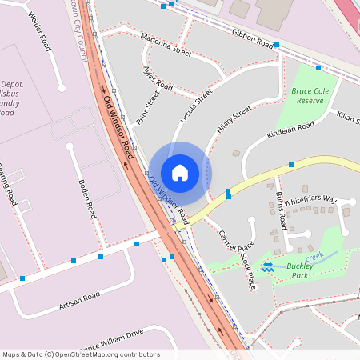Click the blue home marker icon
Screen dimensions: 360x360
180,172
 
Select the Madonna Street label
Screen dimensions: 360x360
166,45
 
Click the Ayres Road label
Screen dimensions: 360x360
157,78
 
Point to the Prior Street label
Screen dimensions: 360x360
148,106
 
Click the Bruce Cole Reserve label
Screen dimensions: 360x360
310,96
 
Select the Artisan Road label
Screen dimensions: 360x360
79,301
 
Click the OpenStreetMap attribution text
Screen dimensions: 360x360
81,354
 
